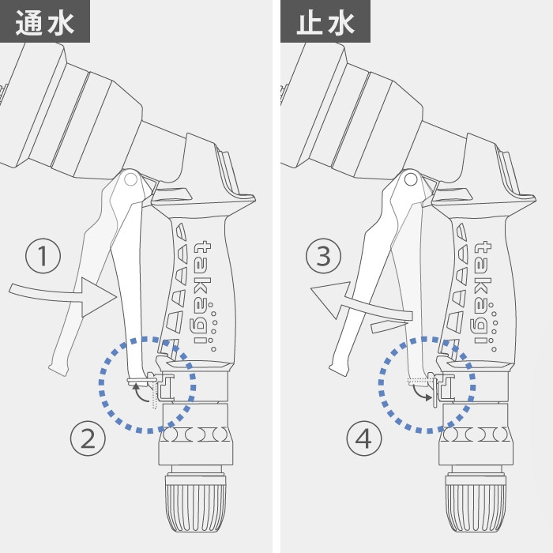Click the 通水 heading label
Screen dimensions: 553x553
45,21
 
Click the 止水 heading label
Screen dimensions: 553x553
325,21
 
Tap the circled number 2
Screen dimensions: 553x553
88,438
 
